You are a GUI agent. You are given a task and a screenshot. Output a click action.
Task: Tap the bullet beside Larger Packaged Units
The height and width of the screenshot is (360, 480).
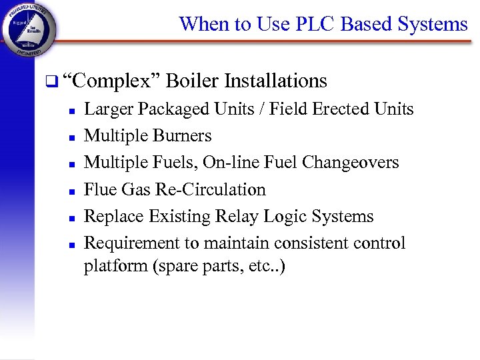pyautogui.click(x=70, y=111)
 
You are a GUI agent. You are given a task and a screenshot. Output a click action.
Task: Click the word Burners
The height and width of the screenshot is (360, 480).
pyautogui.click(x=182, y=136)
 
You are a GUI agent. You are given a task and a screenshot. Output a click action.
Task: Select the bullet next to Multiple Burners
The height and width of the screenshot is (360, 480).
pyautogui.click(x=70, y=137)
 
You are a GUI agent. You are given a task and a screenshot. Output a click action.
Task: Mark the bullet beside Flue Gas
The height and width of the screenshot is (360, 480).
pyautogui.click(x=70, y=191)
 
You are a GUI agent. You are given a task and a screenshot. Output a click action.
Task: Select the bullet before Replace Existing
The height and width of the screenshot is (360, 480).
pyautogui.click(x=70, y=217)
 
